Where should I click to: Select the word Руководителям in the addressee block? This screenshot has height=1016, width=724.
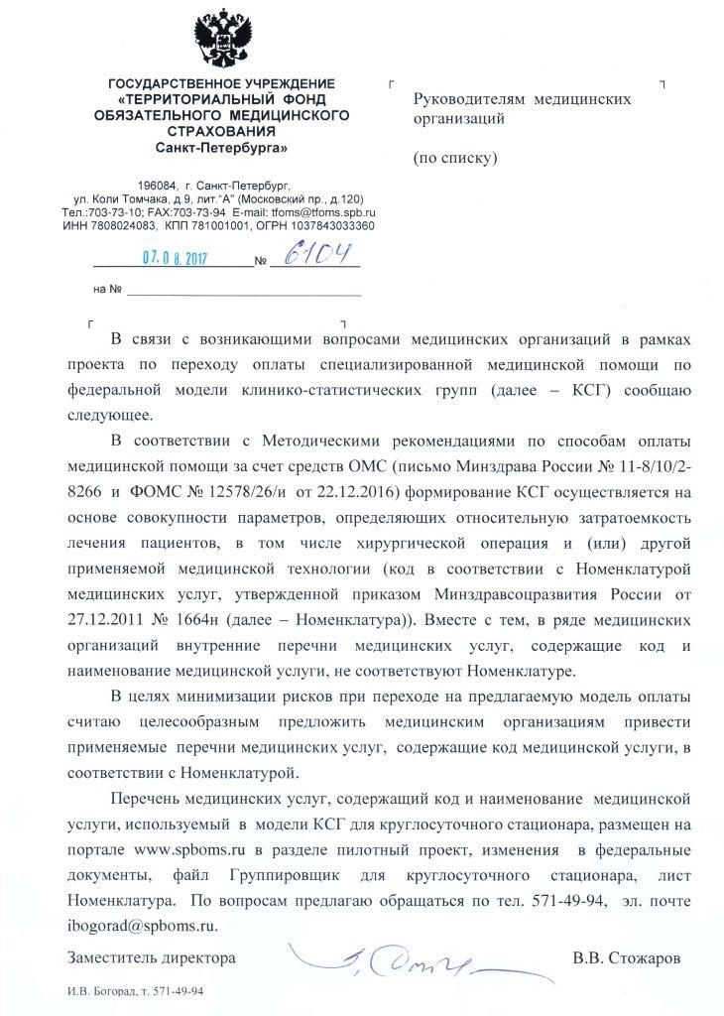(x=468, y=99)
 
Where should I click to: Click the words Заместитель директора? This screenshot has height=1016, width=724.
(x=151, y=958)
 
